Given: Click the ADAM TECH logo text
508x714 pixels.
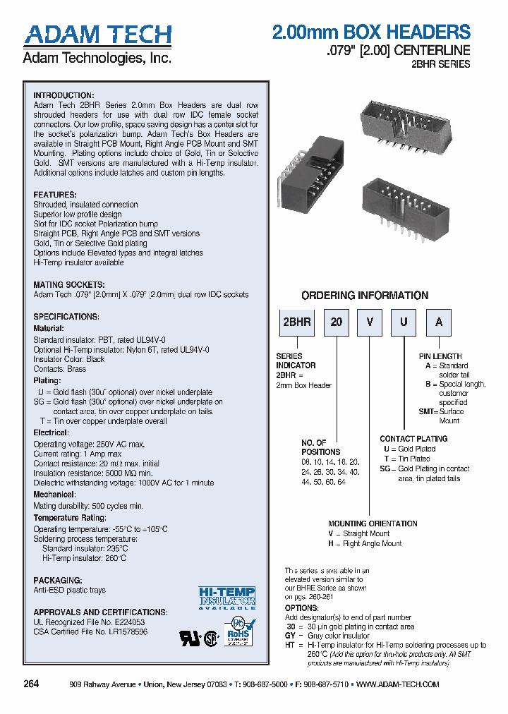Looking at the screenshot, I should pyautogui.click(x=97, y=35).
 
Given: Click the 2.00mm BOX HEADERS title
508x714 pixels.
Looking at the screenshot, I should pyautogui.click(x=371, y=32).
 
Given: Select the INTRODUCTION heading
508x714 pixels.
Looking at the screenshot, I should pyautogui.click(x=64, y=95).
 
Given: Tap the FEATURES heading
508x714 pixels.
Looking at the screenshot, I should pyautogui.click(x=55, y=195).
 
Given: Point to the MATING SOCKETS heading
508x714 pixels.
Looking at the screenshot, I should pyautogui.click(x=69, y=285).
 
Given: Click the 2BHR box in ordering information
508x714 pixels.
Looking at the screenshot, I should pyautogui.click(x=296, y=322).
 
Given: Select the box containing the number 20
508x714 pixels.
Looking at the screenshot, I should pyautogui.click(x=337, y=322).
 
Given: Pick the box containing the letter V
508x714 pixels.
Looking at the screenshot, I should pyautogui.click(x=370, y=322).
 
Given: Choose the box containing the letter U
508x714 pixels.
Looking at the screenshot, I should pyautogui.click(x=404, y=322).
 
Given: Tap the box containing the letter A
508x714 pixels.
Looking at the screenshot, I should pyautogui.click(x=439, y=322).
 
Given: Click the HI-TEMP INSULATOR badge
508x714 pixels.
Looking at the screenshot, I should pyautogui.click(x=226, y=598).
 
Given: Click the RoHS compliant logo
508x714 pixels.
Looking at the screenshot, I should pyautogui.click(x=238, y=631).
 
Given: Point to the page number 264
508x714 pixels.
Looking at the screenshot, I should pyautogui.click(x=31, y=684).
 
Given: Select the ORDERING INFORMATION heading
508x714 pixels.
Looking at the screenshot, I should pyautogui.click(x=365, y=296).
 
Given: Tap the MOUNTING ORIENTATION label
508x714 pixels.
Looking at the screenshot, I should pyautogui.click(x=373, y=524).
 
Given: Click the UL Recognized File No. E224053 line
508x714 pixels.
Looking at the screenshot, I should pyautogui.click(x=89, y=622).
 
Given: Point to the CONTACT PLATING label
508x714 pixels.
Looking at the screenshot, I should pyautogui.click(x=413, y=439).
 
